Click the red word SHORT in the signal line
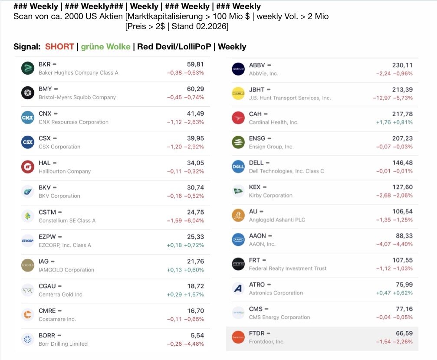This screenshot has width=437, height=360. (59, 47)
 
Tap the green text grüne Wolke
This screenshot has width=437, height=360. (105, 47)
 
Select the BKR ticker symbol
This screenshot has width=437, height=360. (44, 64)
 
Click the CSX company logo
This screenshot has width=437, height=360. (28, 142)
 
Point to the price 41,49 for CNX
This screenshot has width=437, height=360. (195, 114)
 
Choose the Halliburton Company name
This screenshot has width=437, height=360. (65, 171)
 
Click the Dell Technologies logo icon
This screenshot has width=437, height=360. (238, 167)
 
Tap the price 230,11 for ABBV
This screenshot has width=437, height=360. (402, 65)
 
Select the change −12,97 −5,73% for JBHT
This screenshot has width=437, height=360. (393, 98)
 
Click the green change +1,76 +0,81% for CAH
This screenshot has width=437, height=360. (394, 122)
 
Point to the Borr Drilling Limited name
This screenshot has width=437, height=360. (63, 344)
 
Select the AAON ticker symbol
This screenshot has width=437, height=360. (257, 236)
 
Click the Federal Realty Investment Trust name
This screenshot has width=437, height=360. (287, 268)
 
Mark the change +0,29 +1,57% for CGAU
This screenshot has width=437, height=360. (185, 295)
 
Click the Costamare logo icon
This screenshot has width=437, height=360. (28, 314)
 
